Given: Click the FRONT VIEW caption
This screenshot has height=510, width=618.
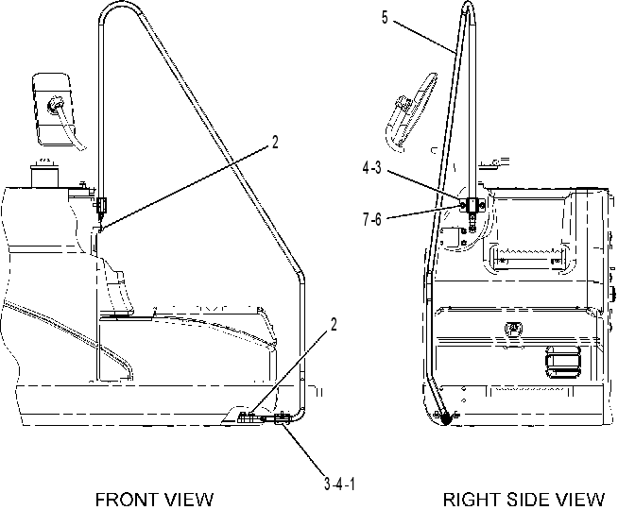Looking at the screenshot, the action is [154, 500].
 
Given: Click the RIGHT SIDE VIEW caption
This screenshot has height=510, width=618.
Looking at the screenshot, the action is [524, 500].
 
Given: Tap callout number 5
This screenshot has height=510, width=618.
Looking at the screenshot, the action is [385, 18].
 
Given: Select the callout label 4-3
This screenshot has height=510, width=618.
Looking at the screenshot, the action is [371, 168].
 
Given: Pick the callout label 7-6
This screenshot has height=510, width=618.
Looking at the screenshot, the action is [371, 219].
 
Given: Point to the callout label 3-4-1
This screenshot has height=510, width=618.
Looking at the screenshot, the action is [339, 484].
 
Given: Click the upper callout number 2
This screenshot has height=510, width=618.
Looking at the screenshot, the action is [275, 143].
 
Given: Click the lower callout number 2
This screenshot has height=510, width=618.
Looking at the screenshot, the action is [334, 325].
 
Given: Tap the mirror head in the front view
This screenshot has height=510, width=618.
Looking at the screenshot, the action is [52, 110].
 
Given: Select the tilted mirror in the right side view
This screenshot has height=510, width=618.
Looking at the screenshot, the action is [411, 111].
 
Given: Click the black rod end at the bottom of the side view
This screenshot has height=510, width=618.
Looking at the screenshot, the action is [446, 419].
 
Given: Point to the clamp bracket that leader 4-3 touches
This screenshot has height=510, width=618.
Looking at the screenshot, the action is [472, 205].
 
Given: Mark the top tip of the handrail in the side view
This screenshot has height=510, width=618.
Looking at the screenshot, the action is [468, 2].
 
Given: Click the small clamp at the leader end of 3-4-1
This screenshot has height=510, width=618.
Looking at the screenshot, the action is [283, 419].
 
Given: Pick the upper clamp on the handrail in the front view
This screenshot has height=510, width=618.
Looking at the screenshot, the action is [102, 205].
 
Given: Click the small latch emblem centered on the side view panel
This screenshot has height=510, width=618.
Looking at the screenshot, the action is [513, 328].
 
